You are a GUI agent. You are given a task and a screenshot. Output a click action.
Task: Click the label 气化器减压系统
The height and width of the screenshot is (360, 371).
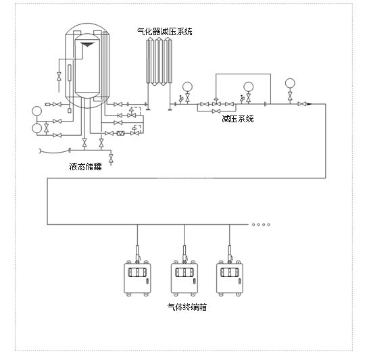164,32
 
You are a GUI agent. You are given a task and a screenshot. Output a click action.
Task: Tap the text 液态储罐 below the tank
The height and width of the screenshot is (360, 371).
85,167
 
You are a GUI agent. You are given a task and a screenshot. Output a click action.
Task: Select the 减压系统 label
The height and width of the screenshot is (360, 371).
238,118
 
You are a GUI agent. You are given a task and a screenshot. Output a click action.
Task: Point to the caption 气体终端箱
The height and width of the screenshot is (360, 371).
187,307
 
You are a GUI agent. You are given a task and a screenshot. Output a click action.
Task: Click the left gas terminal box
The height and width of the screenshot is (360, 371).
137,278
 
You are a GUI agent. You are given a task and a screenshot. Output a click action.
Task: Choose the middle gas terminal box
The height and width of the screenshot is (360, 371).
184,278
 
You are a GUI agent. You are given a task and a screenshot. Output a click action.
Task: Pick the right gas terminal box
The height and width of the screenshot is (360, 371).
230,278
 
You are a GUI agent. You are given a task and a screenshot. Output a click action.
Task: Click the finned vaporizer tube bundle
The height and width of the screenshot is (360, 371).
159,61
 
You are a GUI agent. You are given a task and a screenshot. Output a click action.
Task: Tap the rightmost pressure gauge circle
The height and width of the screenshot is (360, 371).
290,83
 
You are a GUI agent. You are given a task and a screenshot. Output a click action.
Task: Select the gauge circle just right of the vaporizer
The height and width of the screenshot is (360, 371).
187,86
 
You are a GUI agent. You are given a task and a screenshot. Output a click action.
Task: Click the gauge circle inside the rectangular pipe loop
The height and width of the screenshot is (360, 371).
249,86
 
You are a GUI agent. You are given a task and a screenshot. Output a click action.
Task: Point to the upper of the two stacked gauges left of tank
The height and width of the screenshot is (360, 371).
36,111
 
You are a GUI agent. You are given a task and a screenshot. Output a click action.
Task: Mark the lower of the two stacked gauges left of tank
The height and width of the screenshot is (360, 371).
36,128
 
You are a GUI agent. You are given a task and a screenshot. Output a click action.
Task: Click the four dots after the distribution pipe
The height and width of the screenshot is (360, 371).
261,224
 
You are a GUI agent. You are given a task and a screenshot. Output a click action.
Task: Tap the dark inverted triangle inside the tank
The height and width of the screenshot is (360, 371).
88,44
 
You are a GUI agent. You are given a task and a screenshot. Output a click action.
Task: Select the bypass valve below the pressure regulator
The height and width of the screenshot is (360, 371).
216,111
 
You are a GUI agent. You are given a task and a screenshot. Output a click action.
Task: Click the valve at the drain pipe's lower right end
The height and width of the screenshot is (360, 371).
111,158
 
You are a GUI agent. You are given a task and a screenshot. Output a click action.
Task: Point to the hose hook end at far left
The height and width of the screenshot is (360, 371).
40,151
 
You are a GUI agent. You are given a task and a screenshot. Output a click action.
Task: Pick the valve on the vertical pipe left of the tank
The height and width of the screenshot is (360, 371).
59,76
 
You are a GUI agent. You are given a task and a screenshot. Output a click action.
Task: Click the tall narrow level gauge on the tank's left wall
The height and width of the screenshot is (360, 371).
70,73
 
